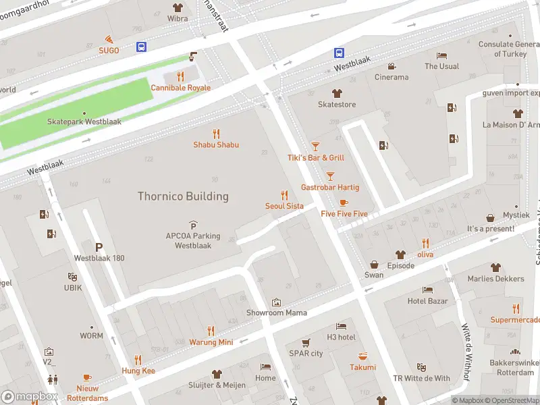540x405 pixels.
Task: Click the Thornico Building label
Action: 183,196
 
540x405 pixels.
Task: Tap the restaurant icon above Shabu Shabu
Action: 216,133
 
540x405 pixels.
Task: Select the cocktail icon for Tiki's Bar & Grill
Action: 315,146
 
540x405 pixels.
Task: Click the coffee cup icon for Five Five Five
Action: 344,202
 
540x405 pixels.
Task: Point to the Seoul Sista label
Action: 283,206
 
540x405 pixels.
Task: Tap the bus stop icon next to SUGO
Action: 142,47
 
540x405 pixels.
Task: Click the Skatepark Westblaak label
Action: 84,122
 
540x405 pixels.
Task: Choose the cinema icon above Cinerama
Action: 391,66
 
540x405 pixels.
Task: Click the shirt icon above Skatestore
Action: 336,93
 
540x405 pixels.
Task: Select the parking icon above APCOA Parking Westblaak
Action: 194,225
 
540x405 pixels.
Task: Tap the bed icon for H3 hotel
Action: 341,326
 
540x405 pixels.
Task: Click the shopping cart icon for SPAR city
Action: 306,342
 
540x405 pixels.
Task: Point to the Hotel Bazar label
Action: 428,301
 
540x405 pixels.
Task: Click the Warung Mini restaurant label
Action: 211,342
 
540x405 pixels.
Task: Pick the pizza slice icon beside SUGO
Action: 108,40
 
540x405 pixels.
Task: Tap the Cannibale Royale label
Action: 180,88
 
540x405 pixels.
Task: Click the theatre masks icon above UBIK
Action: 72,276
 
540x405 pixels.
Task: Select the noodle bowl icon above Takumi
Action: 362,356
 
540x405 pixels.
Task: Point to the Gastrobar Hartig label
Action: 330,187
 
